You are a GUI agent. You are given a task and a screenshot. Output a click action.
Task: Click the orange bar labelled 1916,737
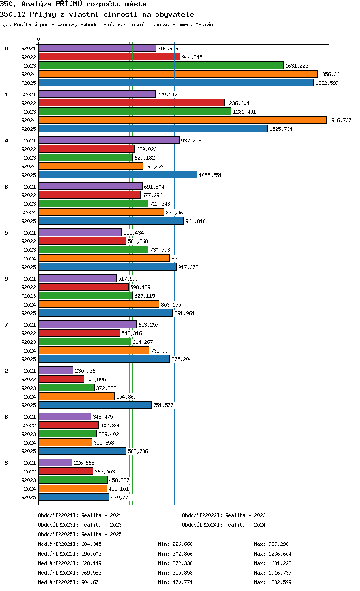pos(182,120)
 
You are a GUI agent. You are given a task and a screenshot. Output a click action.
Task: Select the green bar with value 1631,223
pos(161,65)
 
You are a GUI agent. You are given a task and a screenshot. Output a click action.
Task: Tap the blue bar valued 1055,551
pos(118,175)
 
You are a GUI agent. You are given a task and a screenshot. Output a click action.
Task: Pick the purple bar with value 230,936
pos(56,370)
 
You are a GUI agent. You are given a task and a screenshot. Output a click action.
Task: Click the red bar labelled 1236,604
pos(132,103)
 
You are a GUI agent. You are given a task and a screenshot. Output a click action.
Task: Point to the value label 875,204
pos(181,359)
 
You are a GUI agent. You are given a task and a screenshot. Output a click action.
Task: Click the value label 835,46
pos(174,213)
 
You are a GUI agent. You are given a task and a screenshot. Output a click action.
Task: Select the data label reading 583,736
pos(138,451)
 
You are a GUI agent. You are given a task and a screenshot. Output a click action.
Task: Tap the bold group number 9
pos(6,279)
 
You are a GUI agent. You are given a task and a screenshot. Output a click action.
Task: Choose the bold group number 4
pos(6,141)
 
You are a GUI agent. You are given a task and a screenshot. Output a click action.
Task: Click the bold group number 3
pos(6,463)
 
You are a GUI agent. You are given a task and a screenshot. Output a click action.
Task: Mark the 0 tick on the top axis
pos(39,39)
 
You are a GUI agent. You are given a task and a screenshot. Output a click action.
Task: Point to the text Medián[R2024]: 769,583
pos(70,573)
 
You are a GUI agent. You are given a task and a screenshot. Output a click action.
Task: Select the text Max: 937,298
pos(271,544)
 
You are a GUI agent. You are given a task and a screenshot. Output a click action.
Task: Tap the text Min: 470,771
pos(175,582)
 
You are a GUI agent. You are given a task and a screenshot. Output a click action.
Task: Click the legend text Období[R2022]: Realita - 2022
pos(224,515)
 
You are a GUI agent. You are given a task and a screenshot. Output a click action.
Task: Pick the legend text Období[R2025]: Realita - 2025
pos(80,534)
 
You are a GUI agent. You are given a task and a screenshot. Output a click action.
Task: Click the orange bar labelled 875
pos(104,258)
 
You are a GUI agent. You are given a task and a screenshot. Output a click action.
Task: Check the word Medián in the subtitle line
pos(204,24)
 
